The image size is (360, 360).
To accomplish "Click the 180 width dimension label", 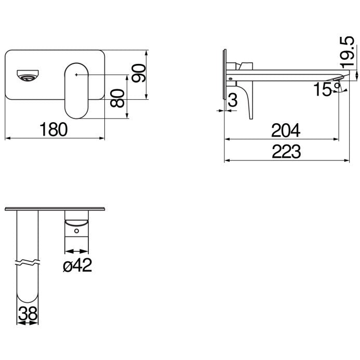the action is [54, 129].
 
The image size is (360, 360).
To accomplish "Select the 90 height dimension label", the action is [139, 73].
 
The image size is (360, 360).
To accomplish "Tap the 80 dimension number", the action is [117, 98].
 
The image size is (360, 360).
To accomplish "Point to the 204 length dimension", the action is [286, 130].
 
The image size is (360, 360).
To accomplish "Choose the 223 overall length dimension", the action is [286, 152].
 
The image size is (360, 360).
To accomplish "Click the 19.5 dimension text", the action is [347, 52].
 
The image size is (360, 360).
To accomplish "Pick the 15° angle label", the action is [326, 89].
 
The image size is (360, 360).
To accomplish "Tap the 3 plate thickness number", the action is [233, 100].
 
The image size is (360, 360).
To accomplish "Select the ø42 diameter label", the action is [77, 265].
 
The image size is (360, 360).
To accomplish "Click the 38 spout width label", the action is [28, 314].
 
